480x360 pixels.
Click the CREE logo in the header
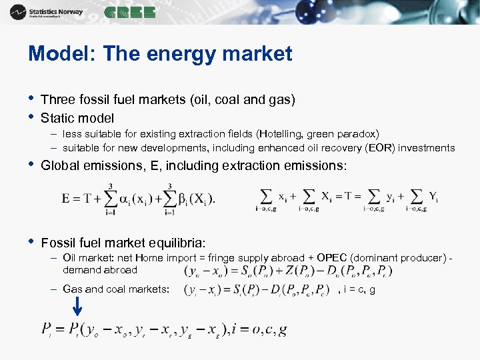click(130, 12)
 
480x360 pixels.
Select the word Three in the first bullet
click(57, 99)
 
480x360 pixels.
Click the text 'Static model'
click(77, 118)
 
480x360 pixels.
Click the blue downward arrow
click(77, 306)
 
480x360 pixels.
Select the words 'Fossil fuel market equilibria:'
click(123, 241)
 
